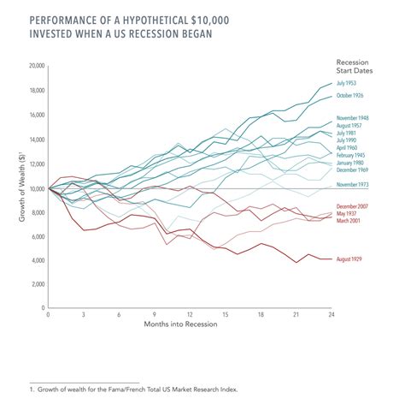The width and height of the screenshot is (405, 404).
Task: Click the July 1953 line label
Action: [x=347, y=82]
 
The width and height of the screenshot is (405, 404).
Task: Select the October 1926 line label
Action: [x=351, y=95]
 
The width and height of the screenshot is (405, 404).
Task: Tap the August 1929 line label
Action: [x=350, y=258]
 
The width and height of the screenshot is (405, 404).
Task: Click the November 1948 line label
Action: [x=354, y=117]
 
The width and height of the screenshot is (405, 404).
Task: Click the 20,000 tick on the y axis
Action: [x=36, y=66]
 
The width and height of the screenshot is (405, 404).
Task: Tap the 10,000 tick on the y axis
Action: [x=36, y=188]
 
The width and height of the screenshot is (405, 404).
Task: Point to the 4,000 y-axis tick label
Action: [x=38, y=261]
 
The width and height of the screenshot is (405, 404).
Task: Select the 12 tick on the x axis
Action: [x=190, y=315]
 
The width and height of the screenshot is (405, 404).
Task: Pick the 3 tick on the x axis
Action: [x=84, y=315]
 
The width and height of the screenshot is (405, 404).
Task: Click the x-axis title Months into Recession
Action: [x=190, y=327]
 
